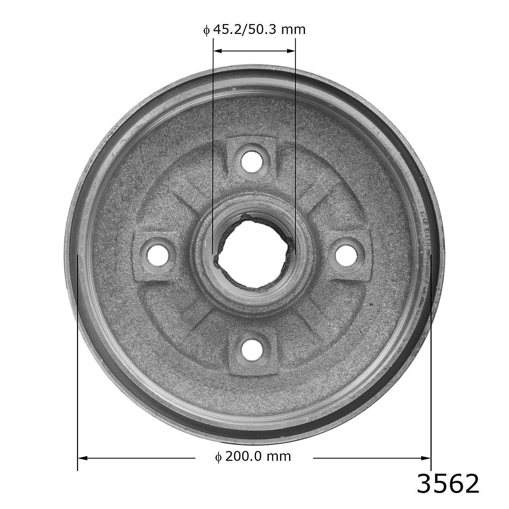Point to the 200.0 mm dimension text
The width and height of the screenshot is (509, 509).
pyautogui.click(x=253, y=456)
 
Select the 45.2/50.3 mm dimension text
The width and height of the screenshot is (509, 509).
pyautogui.click(x=254, y=30)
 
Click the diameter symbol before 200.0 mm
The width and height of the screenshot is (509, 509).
pyautogui.click(x=219, y=457)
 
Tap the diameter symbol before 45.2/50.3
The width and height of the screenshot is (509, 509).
pyautogui.click(x=206, y=30)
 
